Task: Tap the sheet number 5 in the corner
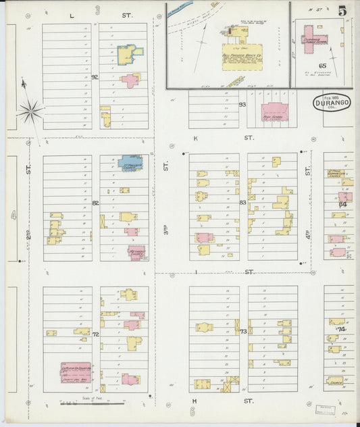pos(344,10)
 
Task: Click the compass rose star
pos(30,111)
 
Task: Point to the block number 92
pos(95,77)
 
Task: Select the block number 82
pos(95,202)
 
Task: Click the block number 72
pos(96,334)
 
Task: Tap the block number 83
pos(242,202)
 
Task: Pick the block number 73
pos(242,331)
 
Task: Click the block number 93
pos(242,104)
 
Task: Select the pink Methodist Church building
pos(137,253)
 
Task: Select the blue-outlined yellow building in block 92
pos(128,55)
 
